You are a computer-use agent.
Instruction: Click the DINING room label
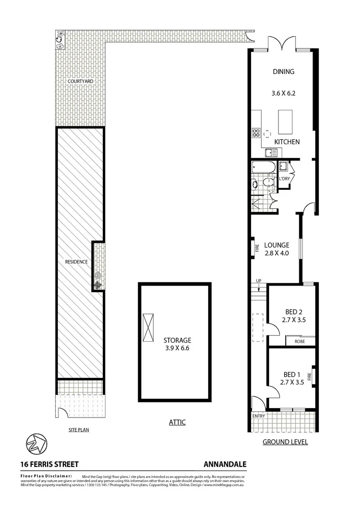(x=283, y=72)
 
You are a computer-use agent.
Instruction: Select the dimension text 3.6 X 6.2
(x=283, y=93)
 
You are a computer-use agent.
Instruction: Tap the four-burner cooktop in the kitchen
(x=256, y=133)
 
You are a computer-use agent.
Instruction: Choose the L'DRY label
(x=284, y=179)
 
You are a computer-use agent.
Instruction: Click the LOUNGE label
(x=277, y=245)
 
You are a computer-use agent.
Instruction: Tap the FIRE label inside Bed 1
(x=310, y=376)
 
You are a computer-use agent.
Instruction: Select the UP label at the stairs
(x=258, y=281)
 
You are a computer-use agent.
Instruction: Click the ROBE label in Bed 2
(x=300, y=341)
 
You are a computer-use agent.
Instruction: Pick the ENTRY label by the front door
(x=259, y=416)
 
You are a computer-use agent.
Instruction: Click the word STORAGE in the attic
(x=177, y=340)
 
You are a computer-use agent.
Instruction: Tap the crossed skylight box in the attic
(x=148, y=328)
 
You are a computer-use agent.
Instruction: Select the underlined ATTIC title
(x=177, y=422)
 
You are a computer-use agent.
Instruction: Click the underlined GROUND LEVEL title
(x=285, y=442)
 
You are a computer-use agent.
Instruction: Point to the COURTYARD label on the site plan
(x=80, y=82)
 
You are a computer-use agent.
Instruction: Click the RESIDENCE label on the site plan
(x=76, y=262)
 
